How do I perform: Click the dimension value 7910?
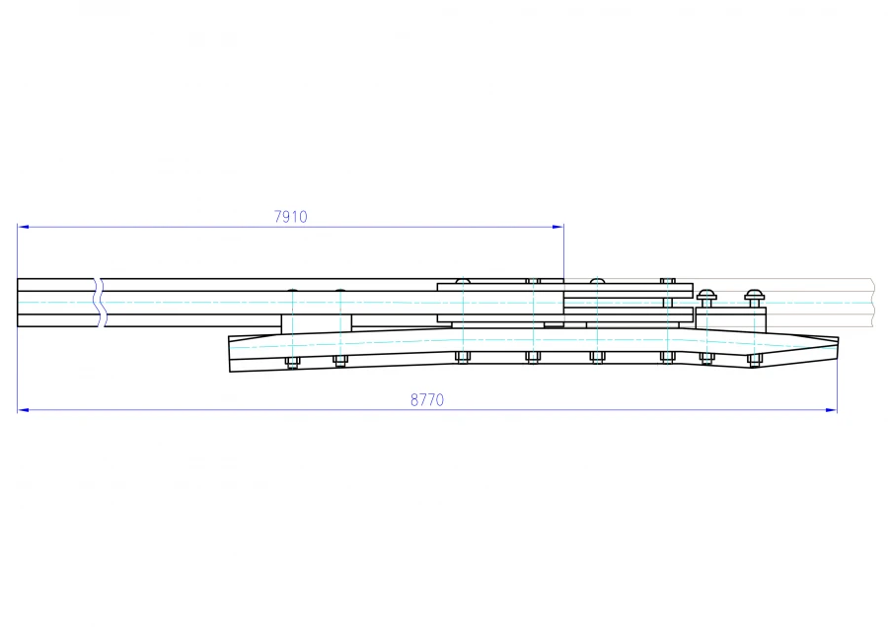pyautogui.click(x=290, y=217)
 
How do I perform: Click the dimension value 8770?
pyautogui.click(x=427, y=400)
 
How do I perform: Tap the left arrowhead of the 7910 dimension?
pyautogui.click(x=22, y=227)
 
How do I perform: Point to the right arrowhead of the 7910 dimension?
pyautogui.click(x=559, y=227)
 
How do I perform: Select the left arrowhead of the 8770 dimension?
pyautogui.click(x=22, y=409)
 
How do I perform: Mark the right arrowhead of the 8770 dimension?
pyautogui.click(x=833, y=409)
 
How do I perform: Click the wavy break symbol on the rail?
pyautogui.click(x=100, y=303)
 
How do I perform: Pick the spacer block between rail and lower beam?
pyautogui.click(x=316, y=324)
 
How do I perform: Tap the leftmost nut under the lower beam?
pyautogui.click(x=292, y=362)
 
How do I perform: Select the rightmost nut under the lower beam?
pyautogui.click(x=755, y=361)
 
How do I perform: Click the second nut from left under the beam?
pyautogui.click(x=340, y=361)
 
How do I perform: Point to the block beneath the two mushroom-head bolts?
pyautogui.click(x=731, y=318)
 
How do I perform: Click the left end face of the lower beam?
pyautogui.click(x=230, y=355)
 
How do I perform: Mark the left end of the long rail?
pyautogui.click(x=19, y=303)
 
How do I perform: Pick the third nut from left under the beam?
pyautogui.click(x=462, y=357)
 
